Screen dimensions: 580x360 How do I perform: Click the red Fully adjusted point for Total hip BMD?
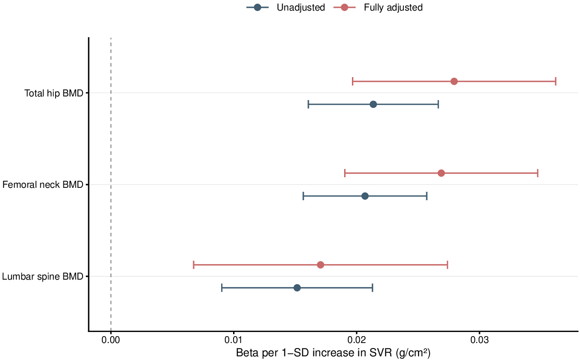coord(454,81)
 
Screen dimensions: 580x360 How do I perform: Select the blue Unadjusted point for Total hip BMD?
coord(373,104)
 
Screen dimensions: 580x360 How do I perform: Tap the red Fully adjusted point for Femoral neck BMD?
coord(441,173)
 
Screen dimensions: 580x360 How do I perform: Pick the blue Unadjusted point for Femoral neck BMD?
coord(365,196)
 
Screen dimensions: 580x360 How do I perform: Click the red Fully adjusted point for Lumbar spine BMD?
coord(321,265)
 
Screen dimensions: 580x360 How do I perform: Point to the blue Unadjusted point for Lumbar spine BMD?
coord(297,288)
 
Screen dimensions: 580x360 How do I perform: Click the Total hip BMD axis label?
coord(54,93)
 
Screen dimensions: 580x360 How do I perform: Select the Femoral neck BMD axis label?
coord(43,185)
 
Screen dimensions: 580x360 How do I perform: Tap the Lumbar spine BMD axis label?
coord(43,276)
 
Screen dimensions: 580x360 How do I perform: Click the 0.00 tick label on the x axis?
coord(111,340)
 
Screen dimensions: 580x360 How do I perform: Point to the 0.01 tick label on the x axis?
coord(234,340)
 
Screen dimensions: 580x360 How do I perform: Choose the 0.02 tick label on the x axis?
coord(357,340)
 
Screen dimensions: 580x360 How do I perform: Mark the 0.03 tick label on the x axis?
coord(480,340)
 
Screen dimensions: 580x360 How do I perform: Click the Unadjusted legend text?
coord(301,7)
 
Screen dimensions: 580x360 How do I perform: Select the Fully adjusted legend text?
coord(393,7)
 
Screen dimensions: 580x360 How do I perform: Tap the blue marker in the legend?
coord(257,7)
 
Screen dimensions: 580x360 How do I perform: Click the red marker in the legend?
coord(344,7)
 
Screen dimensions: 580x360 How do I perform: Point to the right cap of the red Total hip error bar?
coord(556,81)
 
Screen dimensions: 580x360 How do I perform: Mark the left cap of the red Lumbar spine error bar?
coord(194,265)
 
